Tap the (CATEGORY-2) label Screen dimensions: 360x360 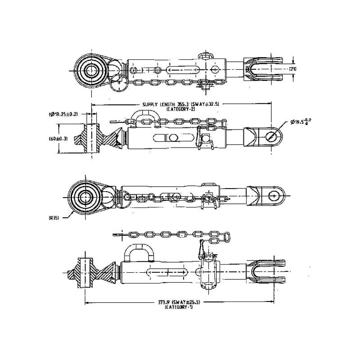coord(180,109)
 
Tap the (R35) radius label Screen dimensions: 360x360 coord(54,217)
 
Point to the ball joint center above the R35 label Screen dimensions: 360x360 coord(85,196)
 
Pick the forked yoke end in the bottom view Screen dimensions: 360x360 coord(265,273)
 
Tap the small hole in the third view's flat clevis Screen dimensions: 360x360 coord(274,195)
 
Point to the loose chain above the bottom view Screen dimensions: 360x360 coord(175,234)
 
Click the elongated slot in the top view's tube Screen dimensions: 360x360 coord(184,70)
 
